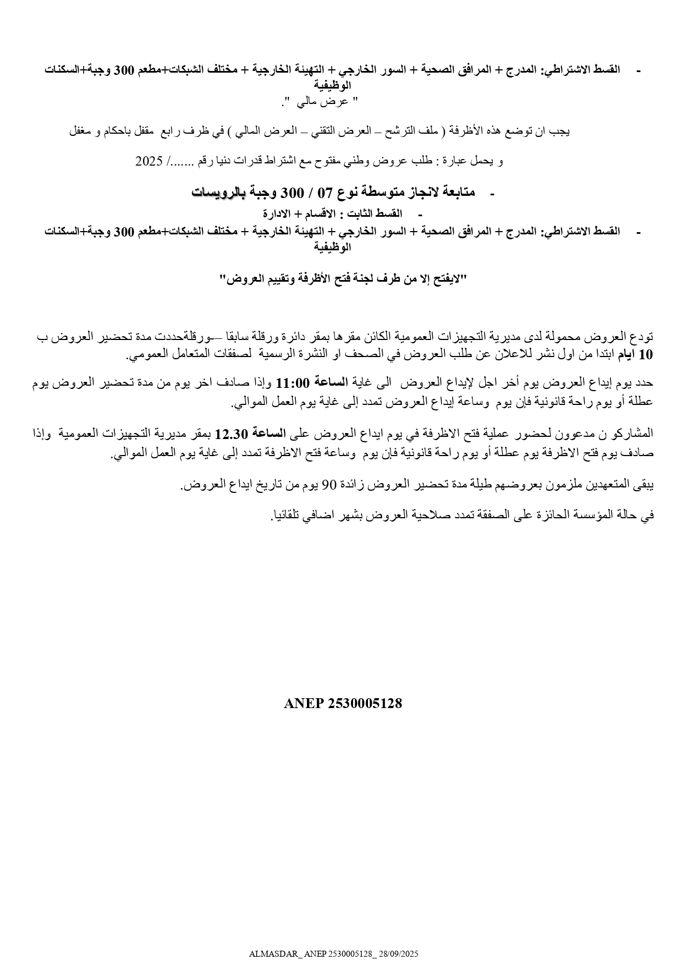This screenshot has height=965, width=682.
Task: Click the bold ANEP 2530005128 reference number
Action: click(343, 703)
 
